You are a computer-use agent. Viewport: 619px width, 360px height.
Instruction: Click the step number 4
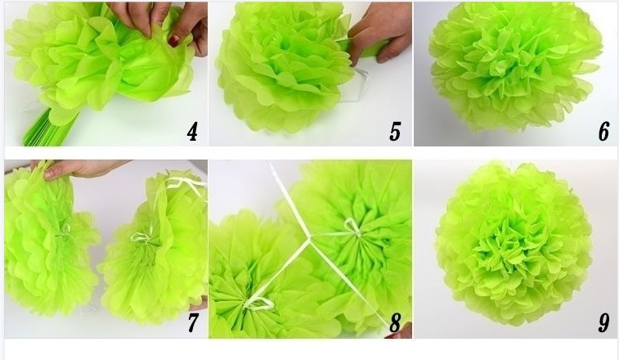(x=192, y=132)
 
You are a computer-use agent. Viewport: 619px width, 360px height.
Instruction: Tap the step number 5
(x=395, y=132)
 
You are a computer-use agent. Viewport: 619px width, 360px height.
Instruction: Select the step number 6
(x=603, y=132)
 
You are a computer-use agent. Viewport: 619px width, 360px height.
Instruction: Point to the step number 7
(x=192, y=322)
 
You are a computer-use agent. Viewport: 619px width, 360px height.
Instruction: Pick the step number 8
(x=395, y=322)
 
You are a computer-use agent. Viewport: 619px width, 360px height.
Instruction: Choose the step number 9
(x=603, y=322)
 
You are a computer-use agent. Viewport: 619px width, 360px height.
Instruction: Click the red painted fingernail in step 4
(x=173, y=39)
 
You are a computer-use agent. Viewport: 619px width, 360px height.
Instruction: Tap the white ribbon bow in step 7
(x=141, y=237)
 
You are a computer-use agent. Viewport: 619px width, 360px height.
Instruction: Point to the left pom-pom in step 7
(x=49, y=241)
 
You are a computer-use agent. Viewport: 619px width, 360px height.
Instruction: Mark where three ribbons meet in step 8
(x=309, y=238)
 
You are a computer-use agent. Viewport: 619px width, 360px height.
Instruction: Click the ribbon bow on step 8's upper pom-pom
(x=352, y=227)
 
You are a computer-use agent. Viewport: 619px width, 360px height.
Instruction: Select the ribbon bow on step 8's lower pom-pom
(x=258, y=304)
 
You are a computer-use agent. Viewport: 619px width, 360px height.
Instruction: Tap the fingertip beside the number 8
(x=400, y=335)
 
